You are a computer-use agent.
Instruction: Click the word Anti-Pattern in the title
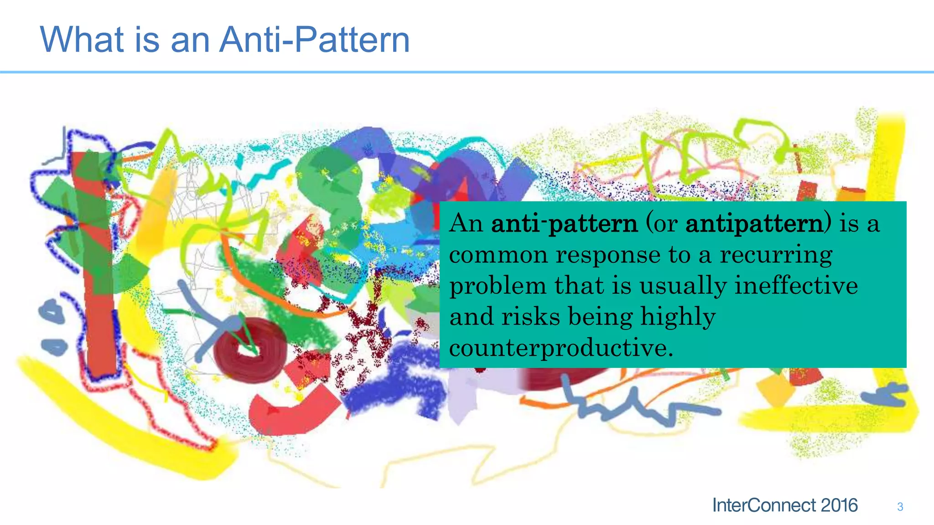(314, 40)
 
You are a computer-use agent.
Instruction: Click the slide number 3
(900, 507)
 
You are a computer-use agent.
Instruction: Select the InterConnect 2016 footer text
(784, 505)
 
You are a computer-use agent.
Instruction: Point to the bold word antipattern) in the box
(758, 224)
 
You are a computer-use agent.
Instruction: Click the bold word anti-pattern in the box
(564, 224)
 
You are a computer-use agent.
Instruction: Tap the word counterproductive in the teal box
(560, 348)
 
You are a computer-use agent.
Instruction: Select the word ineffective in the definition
(796, 286)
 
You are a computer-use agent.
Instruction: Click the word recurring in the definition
(776, 255)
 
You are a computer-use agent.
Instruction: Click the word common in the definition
(498, 255)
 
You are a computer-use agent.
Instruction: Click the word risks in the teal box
(531, 316)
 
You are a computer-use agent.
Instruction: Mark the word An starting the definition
(466, 224)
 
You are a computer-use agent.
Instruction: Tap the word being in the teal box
(600, 317)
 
